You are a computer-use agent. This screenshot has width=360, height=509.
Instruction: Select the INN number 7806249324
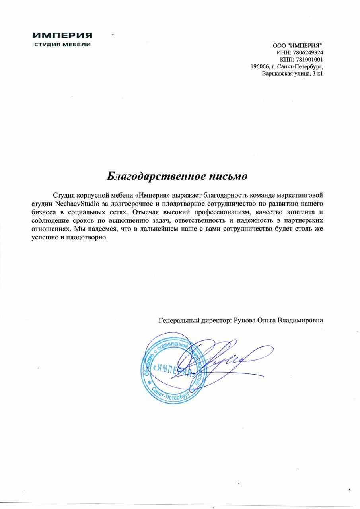point(307,52)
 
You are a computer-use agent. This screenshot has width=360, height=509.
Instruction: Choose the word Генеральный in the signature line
point(177,320)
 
